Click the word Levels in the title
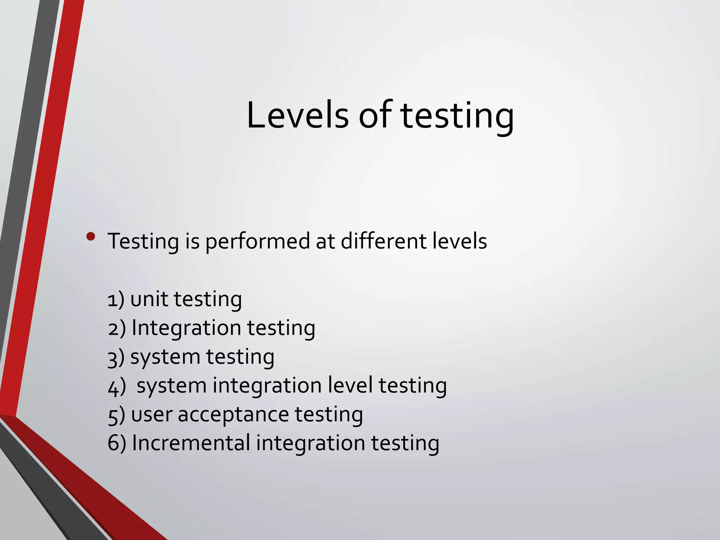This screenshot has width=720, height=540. (297, 115)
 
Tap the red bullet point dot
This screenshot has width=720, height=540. (91, 237)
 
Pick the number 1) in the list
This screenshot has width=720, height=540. (116, 300)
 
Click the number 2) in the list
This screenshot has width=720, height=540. (117, 329)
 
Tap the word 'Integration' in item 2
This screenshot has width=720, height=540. (186, 329)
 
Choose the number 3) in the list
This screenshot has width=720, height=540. (116, 358)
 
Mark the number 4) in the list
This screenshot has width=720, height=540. (117, 386)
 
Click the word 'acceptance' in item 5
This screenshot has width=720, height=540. (233, 415)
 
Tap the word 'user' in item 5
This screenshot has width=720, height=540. (152, 415)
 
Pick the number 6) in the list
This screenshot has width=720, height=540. (117, 443)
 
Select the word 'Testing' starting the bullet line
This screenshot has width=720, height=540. (143, 242)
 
